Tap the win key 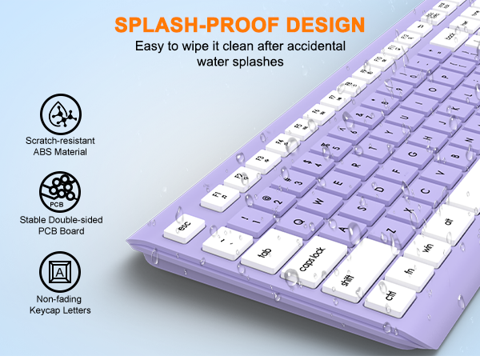(x=426, y=246)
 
